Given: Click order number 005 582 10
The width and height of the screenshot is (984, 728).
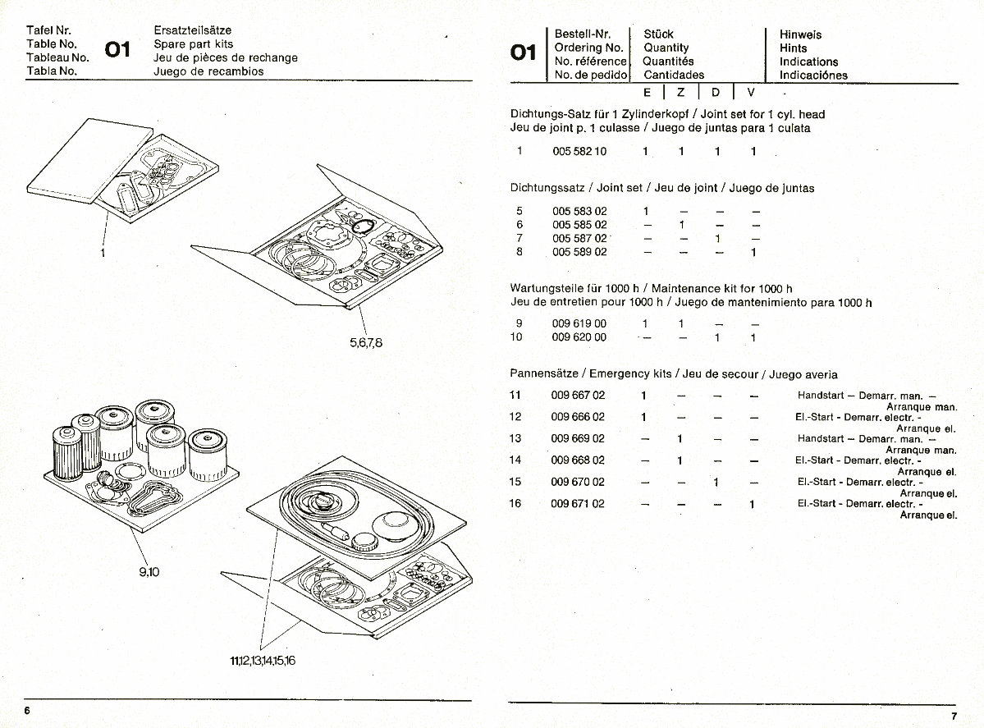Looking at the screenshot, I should [x=579, y=152].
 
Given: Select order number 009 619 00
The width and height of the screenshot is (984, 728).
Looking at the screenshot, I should [x=579, y=323].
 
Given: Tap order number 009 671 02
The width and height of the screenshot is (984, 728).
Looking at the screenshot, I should [x=578, y=503].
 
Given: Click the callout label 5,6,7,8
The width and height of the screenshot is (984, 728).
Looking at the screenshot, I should [x=366, y=342].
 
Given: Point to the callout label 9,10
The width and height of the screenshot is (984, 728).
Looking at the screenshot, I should [x=149, y=573].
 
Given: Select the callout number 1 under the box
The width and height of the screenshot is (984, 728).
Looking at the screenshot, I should [x=103, y=252].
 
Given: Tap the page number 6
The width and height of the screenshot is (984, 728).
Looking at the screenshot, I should [x=27, y=710].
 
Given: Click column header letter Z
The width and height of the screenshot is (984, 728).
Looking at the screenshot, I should [x=680, y=93].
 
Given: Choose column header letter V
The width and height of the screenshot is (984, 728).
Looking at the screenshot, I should [x=750, y=93].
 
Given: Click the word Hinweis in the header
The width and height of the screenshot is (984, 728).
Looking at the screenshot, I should [x=800, y=34].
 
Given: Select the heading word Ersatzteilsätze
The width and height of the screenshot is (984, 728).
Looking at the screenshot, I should [x=192, y=30].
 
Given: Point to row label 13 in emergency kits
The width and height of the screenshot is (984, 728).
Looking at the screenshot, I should [x=515, y=438].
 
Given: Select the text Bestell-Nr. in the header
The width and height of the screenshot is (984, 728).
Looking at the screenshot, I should [x=582, y=34].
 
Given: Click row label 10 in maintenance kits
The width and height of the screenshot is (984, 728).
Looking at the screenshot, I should [x=516, y=337].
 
